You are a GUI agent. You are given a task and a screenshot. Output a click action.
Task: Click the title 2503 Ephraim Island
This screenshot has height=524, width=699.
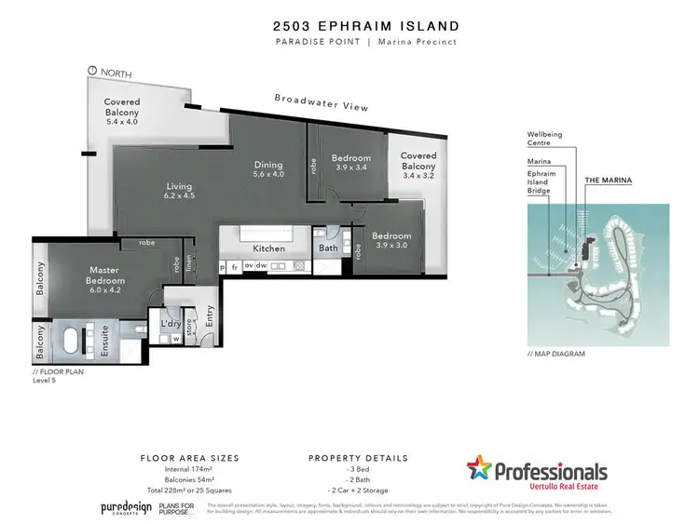tap(349, 26)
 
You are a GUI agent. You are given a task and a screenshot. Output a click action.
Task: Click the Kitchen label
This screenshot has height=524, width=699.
tap(268, 249)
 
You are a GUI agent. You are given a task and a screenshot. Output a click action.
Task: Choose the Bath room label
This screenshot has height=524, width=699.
tap(328, 249)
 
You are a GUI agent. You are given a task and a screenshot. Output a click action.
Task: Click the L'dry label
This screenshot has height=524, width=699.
tap(170, 323)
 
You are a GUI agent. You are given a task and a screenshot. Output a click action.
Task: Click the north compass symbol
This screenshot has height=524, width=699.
tap(91, 71)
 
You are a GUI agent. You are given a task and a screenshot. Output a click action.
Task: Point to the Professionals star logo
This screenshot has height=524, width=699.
tap(480, 470)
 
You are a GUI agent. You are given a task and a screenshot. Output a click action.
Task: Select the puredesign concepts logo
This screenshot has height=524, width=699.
tap(126, 508)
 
